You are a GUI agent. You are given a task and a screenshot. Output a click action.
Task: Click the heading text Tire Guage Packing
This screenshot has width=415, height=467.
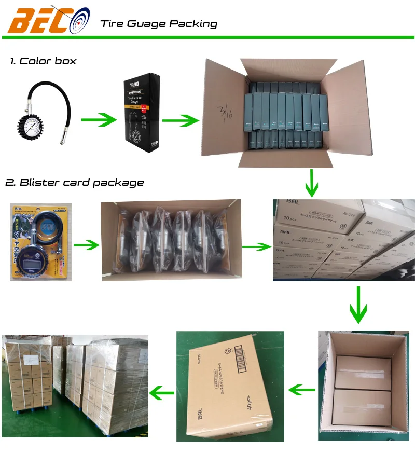click(159, 23)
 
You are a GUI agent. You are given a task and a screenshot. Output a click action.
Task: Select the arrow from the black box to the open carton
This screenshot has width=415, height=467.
click(180, 120)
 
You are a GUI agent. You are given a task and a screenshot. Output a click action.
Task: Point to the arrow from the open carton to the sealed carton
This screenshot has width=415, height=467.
click(301, 389)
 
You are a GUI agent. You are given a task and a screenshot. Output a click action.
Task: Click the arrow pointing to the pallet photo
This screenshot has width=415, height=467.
click(161, 392)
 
